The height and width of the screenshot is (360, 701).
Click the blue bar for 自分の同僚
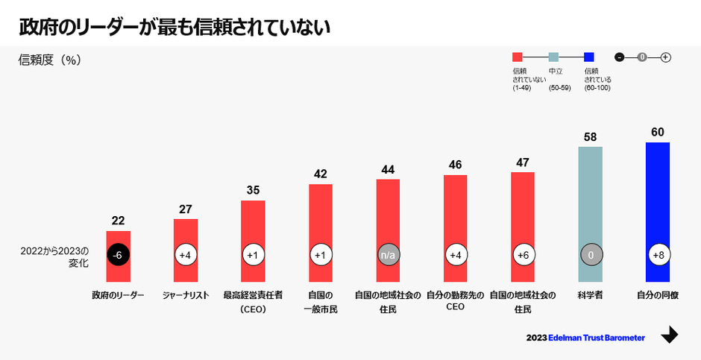pos(657,209)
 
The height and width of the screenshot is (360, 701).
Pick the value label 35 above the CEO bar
pos(253,190)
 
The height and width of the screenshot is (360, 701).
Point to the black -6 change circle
pos(118,255)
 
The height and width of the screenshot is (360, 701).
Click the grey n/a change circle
pos(388,255)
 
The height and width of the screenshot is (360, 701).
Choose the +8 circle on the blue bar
pos(658,255)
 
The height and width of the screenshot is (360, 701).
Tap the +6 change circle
pos(523,255)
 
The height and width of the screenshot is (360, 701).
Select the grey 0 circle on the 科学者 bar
pos(590,255)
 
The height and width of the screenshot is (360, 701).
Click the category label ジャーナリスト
pos(186,295)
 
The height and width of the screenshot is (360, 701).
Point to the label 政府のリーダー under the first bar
pos(118,295)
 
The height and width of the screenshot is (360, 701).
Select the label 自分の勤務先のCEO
pos(455,300)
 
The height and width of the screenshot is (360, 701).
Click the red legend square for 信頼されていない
pos(517,57)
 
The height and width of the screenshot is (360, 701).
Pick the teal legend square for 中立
pos(553,57)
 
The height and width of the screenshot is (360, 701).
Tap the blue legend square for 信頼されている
pos(588,57)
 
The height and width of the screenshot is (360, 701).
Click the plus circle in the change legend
pos(666,57)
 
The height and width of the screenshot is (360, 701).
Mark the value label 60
pos(657,132)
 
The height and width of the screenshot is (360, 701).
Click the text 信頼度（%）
pos(49,60)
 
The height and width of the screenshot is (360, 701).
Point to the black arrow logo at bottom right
pos(670,335)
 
